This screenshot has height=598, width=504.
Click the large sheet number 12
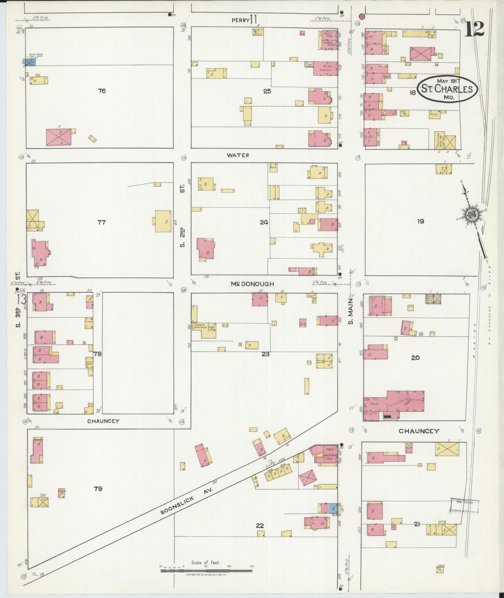coord(474,29)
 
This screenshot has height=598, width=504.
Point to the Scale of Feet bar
coord(206,570)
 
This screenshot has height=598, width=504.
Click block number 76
coord(101,91)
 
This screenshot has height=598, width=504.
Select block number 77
coord(101,222)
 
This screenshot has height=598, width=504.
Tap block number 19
coord(421,221)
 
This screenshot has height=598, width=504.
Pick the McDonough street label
coord(252,284)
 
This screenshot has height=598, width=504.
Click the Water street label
coord(238,155)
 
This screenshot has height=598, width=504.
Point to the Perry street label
coord(241,20)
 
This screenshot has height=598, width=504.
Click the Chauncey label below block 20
coord(419,431)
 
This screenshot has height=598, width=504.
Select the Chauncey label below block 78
coord(103,421)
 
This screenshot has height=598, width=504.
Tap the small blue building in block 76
coord(32,62)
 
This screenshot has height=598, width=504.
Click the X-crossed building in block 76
coord(59,137)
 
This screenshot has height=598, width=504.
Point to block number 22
coord(259,526)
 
